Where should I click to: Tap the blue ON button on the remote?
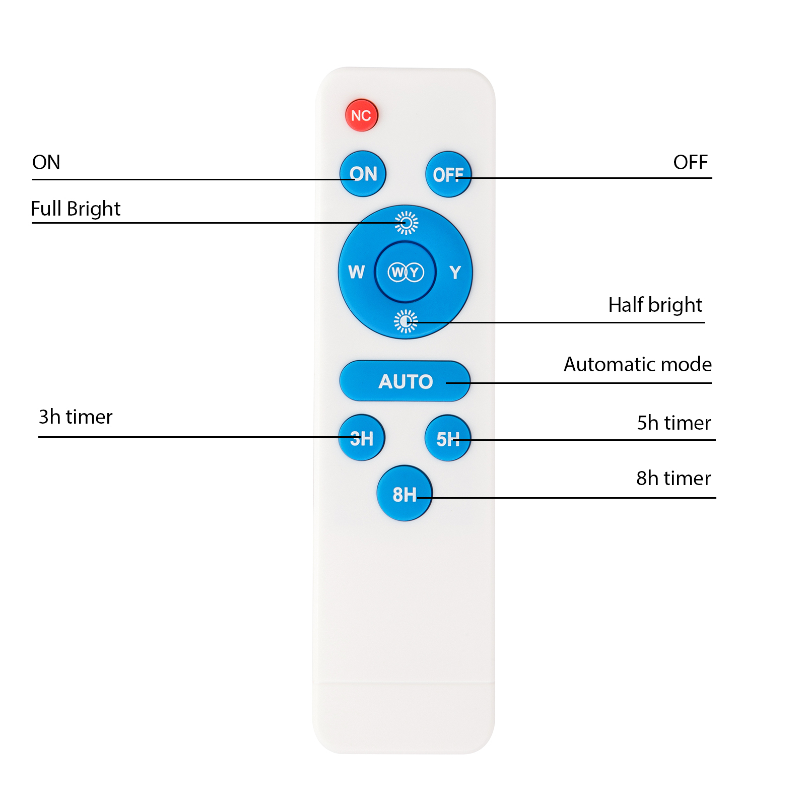363,174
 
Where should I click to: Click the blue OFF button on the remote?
448,174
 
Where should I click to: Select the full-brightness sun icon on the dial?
406,223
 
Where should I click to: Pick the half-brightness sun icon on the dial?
406,321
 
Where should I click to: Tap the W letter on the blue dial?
357,272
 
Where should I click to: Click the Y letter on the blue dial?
455,273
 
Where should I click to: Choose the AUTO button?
405,381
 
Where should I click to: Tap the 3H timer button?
362,438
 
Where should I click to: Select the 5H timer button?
448,438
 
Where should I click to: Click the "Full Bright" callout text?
76,209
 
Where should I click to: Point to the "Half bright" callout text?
655,305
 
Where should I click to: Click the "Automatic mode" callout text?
638,364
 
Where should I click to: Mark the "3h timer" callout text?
76,417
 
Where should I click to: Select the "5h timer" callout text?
674,423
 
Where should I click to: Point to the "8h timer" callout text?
674,479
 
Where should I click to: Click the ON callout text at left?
46,163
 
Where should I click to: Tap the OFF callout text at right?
691,163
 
